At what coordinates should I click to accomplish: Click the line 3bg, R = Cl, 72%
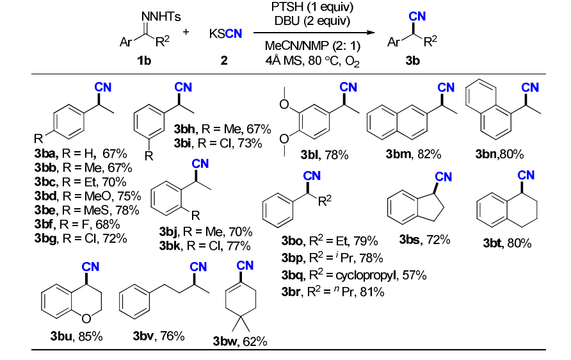pyautogui.click(x=81, y=238)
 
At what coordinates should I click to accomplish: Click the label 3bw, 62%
pyautogui.click(x=240, y=342)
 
